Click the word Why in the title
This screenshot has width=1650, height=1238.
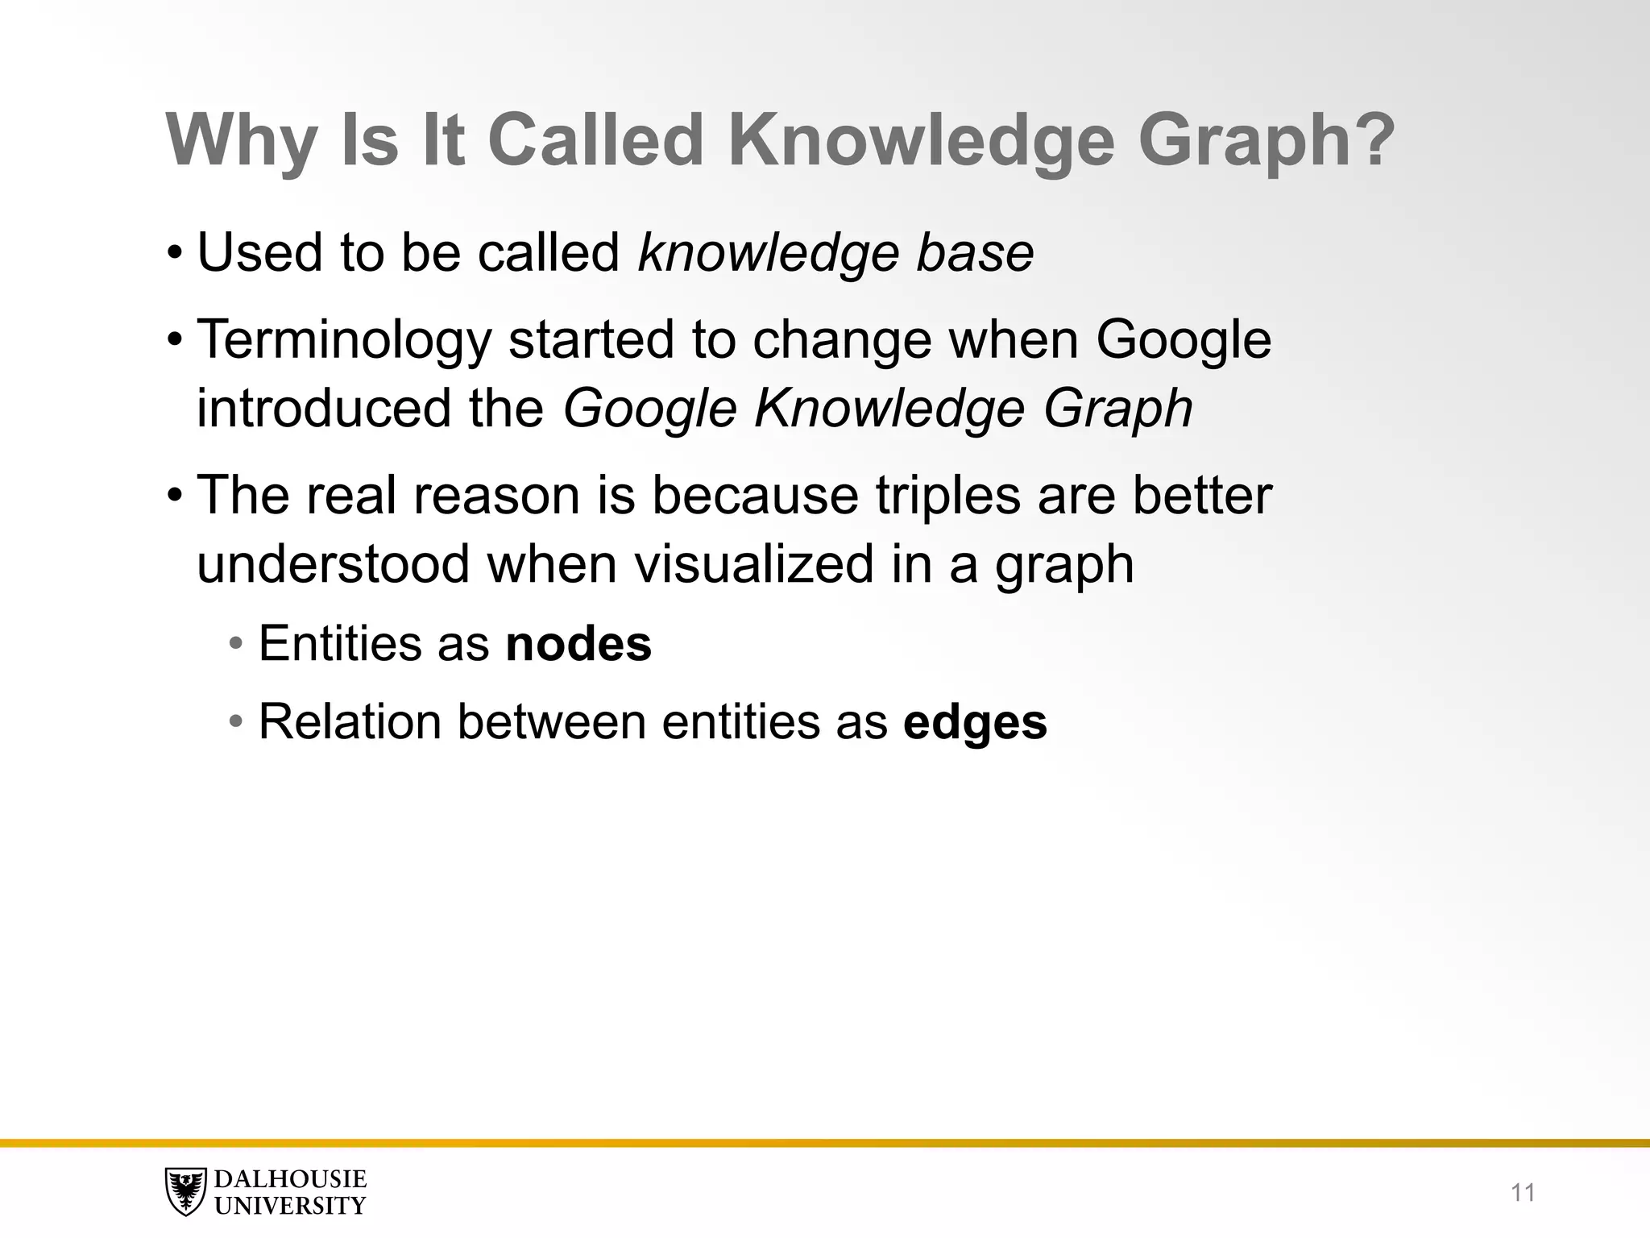coord(241,140)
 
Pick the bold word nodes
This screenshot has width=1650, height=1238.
coord(578,644)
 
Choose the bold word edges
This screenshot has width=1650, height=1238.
coord(975,722)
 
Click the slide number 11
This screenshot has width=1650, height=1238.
coord(1523,1192)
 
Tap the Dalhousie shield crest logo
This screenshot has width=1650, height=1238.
coord(185,1191)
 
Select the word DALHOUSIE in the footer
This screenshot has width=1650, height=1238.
coord(290,1179)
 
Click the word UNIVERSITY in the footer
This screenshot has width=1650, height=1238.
coord(290,1206)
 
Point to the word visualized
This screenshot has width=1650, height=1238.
coord(754,563)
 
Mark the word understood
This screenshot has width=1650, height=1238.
coord(334,563)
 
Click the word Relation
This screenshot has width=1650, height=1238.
coord(349,721)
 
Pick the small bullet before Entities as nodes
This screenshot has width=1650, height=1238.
coord(235,645)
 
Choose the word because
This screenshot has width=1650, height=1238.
coord(755,495)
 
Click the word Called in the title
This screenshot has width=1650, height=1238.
coord(596,140)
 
